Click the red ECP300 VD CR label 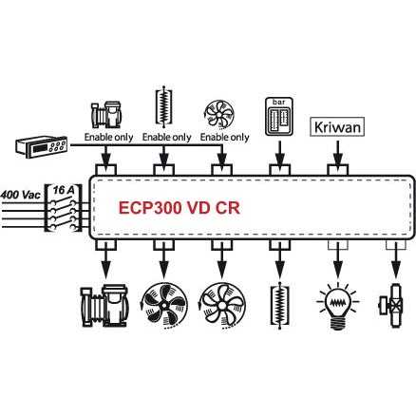(x=180, y=208)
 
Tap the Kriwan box (x=337, y=127)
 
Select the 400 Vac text (x=21, y=194)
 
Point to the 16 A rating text (x=64, y=190)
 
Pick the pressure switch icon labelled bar (x=279, y=116)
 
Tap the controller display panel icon (x=42, y=147)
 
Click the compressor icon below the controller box (x=104, y=305)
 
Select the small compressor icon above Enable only (x=105, y=115)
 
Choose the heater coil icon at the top (x=163, y=106)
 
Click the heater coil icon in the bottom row (x=279, y=306)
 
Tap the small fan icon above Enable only (x=219, y=115)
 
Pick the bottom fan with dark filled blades (x=163, y=306)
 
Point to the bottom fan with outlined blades (x=222, y=306)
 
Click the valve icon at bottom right (x=391, y=305)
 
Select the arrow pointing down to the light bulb (x=338, y=260)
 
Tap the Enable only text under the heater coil (x=167, y=138)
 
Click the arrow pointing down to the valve (x=396, y=260)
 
